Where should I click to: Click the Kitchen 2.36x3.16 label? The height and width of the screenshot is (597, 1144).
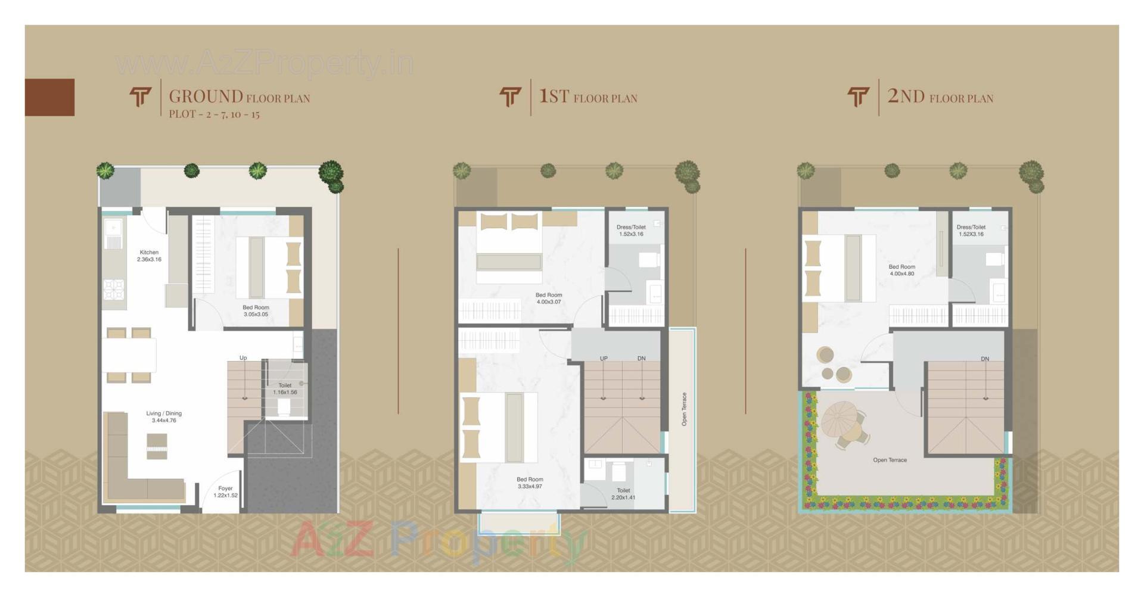(x=149, y=256)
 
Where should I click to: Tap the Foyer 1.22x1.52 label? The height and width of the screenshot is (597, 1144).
(x=225, y=492)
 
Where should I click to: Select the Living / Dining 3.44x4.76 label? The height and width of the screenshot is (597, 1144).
(x=164, y=416)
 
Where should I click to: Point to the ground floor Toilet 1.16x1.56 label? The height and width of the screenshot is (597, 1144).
(x=285, y=388)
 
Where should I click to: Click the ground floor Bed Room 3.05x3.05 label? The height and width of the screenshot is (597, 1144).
(x=256, y=310)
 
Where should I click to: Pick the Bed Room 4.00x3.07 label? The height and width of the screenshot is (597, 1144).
(x=549, y=298)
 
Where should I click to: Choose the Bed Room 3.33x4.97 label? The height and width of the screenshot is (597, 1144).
(x=530, y=483)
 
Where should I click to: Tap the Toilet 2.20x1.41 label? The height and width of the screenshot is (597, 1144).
(x=623, y=493)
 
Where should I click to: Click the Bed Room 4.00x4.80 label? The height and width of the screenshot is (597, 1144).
(x=901, y=270)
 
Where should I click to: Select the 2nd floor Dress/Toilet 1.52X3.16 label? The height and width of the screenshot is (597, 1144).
(x=971, y=231)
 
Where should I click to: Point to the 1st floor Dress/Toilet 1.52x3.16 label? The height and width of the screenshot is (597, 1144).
(x=631, y=231)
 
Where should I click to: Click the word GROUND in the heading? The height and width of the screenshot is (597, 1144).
(x=206, y=97)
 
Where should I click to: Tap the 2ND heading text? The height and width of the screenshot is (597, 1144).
(x=906, y=96)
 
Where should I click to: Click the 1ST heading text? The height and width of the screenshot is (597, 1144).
(x=554, y=96)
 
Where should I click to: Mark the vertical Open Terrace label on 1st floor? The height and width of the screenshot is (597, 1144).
(x=684, y=409)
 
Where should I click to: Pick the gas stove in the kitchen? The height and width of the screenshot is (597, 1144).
(x=114, y=290)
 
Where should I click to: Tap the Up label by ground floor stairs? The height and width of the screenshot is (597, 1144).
(x=243, y=358)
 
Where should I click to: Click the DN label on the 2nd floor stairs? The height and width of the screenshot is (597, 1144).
(x=985, y=359)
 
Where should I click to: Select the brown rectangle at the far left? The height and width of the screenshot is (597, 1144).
(x=49, y=97)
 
